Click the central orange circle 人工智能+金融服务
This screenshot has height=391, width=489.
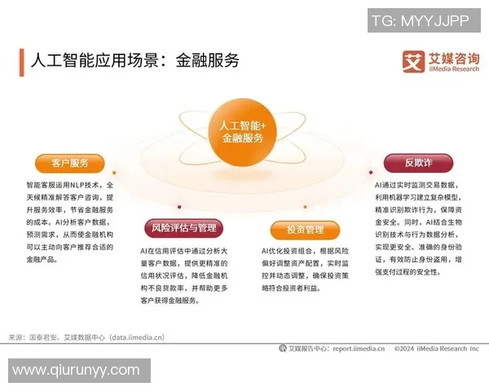pyautogui.click(x=243, y=131)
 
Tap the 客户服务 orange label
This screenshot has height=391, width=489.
pyautogui.click(x=69, y=162)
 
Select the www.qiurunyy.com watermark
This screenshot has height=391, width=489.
pyautogui.click(x=76, y=371)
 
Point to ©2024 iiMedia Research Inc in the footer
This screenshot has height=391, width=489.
pyautogui.click(x=436, y=349)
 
